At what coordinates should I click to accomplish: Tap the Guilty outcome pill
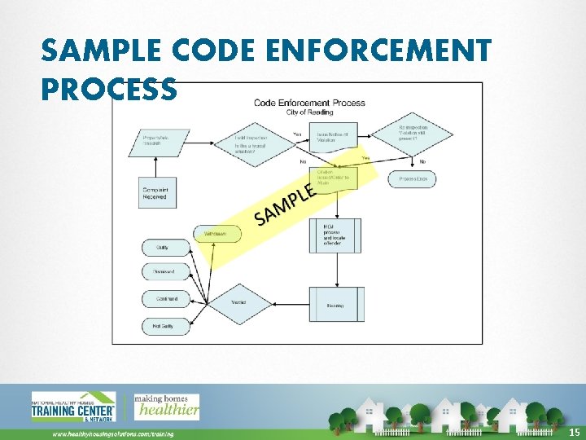pos(166,246)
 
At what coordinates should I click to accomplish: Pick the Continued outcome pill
pos(166,299)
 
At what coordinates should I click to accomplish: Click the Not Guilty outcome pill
pos(166,326)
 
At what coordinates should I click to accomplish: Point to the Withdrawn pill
pos(217,233)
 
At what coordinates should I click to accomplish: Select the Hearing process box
pos(335,305)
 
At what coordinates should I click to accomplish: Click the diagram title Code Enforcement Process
pos(309,103)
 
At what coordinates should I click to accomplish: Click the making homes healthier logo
pos(166,406)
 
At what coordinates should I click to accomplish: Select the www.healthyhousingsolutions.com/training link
pos(113,434)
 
